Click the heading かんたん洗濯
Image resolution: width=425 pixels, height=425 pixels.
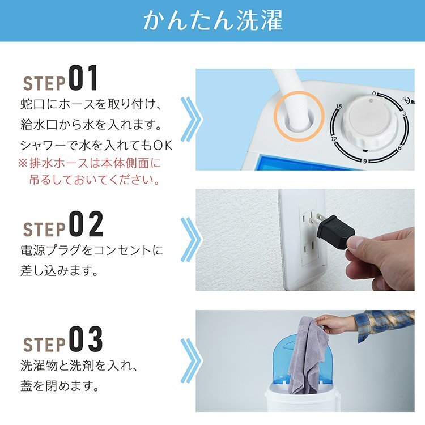(x=213, y=20)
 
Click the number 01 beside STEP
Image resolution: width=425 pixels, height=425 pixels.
(x=83, y=78)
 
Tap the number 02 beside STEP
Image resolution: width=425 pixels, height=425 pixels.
(x=86, y=224)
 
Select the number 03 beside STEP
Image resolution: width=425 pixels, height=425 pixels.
(x=86, y=339)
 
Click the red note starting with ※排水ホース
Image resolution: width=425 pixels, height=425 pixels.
(x=90, y=171)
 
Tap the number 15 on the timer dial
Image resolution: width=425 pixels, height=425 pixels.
(x=339, y=107)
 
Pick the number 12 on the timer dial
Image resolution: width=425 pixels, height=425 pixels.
(x=334, y=139)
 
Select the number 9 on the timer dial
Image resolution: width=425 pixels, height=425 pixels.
(x=365, y=161)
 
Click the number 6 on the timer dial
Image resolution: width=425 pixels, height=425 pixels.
(x=400, y=148)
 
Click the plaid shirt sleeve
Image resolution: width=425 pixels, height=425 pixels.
(x=385, y=324)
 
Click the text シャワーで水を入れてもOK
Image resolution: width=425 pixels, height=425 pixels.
(x=96, y=146)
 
